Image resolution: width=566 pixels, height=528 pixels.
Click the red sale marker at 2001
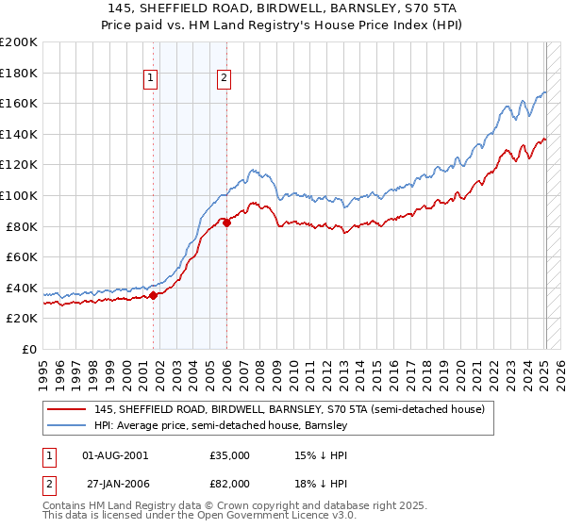(x=153, y=295)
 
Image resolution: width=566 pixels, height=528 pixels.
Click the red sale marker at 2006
(x=226, y=223)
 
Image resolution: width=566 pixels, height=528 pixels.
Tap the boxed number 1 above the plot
(x=150, y=79)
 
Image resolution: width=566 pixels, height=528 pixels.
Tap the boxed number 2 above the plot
(x=225, y=79)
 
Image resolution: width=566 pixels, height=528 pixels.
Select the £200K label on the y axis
(x=20, y=42)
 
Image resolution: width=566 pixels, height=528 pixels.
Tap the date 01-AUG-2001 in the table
(x=114, y=454)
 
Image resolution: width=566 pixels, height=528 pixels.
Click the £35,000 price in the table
(x=229, y=454)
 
